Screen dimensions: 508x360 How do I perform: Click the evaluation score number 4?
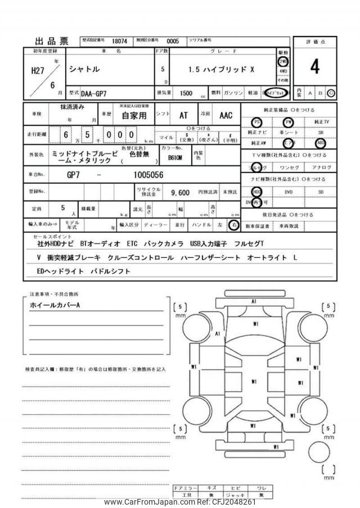pyautogui.click(x=314, y=67)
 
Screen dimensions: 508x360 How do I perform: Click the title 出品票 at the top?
pyautogui.click(x=52, y=41)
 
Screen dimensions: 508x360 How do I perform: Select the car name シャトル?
pyautogui.click(x=84, y=70)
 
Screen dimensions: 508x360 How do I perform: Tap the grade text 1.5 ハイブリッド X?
pyautogui.click(x=221, y=70)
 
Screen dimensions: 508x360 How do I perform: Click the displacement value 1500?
pyautogui.click(x=186, y=93)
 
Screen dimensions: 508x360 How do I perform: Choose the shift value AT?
pyautogui.click(x=183, y=116)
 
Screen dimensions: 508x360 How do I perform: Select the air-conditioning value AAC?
pyautogui.click(x=225, y=116)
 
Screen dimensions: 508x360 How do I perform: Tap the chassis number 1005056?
pyautogui.click(x=148, y=175)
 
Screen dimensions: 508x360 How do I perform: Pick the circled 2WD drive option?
pyautogui.click(x=282, y=61)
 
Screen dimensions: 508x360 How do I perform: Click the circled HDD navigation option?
pyautogui.click(x=257, y=191)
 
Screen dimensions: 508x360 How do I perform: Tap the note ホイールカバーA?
pyautogui.click(x=55, y=305)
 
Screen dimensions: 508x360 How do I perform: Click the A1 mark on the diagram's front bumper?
pyautogui.click(x=254, y=302)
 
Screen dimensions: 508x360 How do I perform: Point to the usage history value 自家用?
pyautogui.click(x=134, y=116)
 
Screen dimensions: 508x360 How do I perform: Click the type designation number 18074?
pyautogui.click(x=120, y=41)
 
